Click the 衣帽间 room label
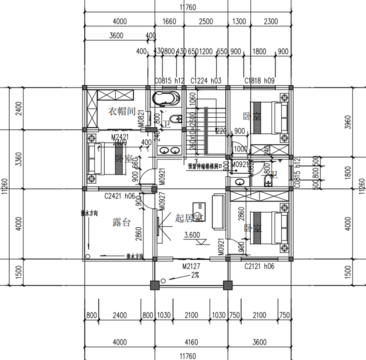click(122, 111)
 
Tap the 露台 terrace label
click(122, 223)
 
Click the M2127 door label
click(191, 266)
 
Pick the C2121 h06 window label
click(259, 266)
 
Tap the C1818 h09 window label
click(259, 81)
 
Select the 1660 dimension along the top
click(169, 21)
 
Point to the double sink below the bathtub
click(169, 150)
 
